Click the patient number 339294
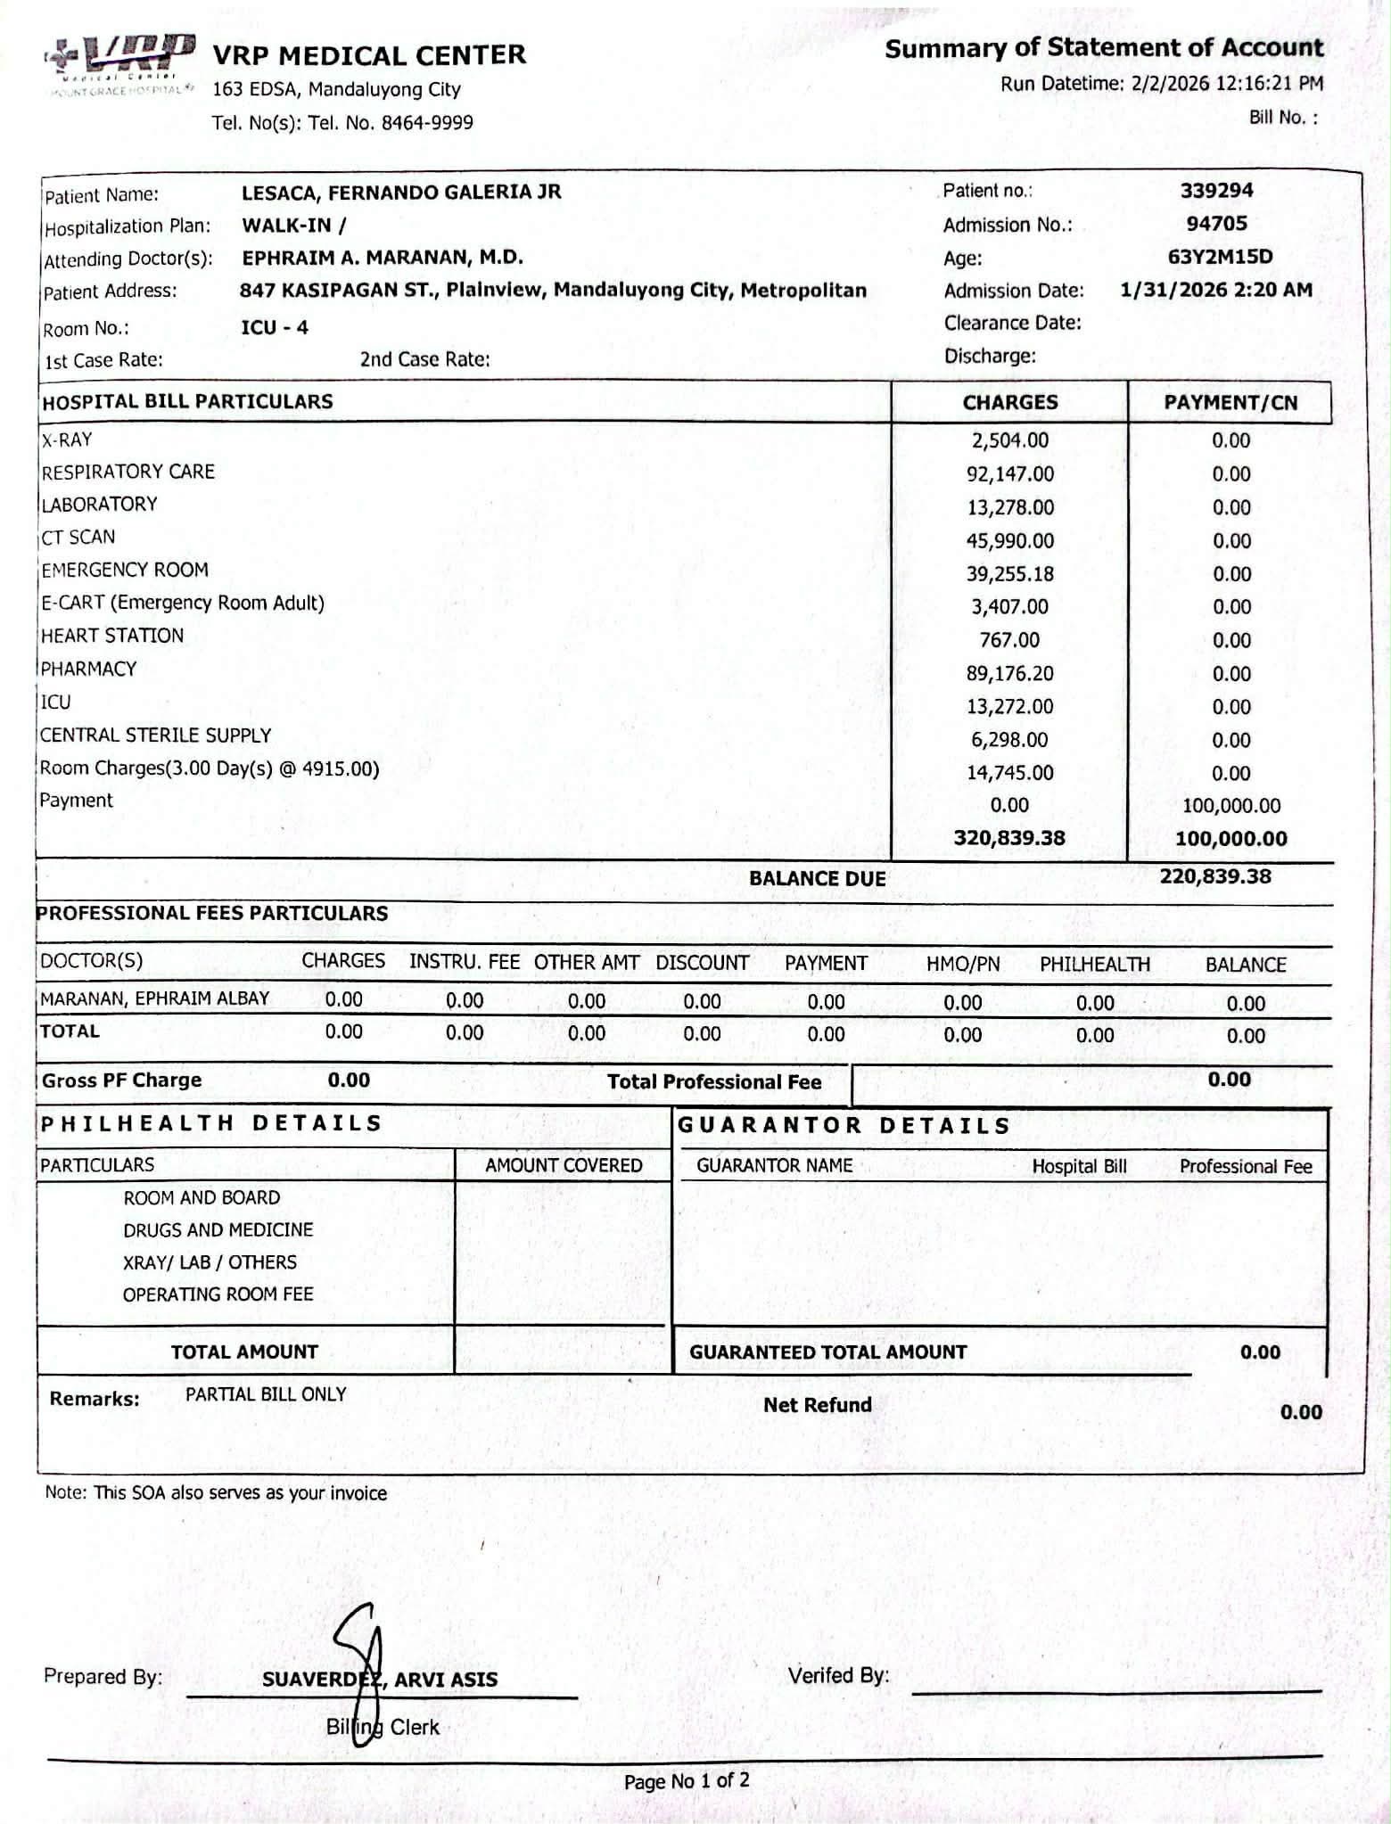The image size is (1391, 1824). point(1216,190)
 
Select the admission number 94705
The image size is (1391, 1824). point(1216,223)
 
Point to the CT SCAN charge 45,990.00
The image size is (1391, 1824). point(1009,540)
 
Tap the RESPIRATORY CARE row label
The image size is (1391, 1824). point(128,472)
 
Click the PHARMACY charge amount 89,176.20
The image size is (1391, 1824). point(1009,673)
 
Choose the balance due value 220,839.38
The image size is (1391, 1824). point(1215,876)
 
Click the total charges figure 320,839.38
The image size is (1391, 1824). point(1009,838)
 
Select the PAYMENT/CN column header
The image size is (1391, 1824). point(1230,403)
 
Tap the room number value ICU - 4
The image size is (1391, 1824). point(275,327)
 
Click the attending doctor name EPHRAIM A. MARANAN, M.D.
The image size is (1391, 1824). point(383,258)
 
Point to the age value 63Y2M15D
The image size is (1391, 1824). point(1220,257)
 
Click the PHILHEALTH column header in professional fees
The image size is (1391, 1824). point(1095,965)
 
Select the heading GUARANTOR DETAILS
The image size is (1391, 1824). point(844,1125)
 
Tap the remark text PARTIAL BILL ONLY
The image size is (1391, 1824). point(266,1394)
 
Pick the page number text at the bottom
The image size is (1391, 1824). point(687,1781)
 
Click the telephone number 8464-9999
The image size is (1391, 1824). point(427,123)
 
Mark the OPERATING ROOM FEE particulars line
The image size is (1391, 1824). point(218,1294)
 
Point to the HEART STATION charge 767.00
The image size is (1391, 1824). point(1009,640)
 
